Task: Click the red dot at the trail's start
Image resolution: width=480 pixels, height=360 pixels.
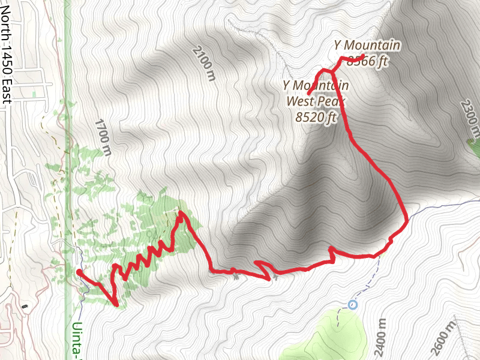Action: coord(79,272)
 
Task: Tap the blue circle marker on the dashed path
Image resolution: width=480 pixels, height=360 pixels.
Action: coord(352,304)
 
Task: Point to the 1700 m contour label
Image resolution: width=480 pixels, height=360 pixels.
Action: coord(103,139)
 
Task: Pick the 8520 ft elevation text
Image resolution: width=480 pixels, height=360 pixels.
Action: coord(316,118)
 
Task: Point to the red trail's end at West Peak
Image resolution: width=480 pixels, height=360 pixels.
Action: coord(308,94)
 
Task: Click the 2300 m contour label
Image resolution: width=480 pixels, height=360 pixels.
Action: coord(471,117)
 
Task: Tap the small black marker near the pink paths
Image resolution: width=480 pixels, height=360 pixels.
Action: coord(24,307)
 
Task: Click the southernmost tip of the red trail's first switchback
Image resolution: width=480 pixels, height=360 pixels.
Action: coord(116,304)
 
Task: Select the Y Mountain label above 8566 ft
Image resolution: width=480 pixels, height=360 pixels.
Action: coord(367,45)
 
